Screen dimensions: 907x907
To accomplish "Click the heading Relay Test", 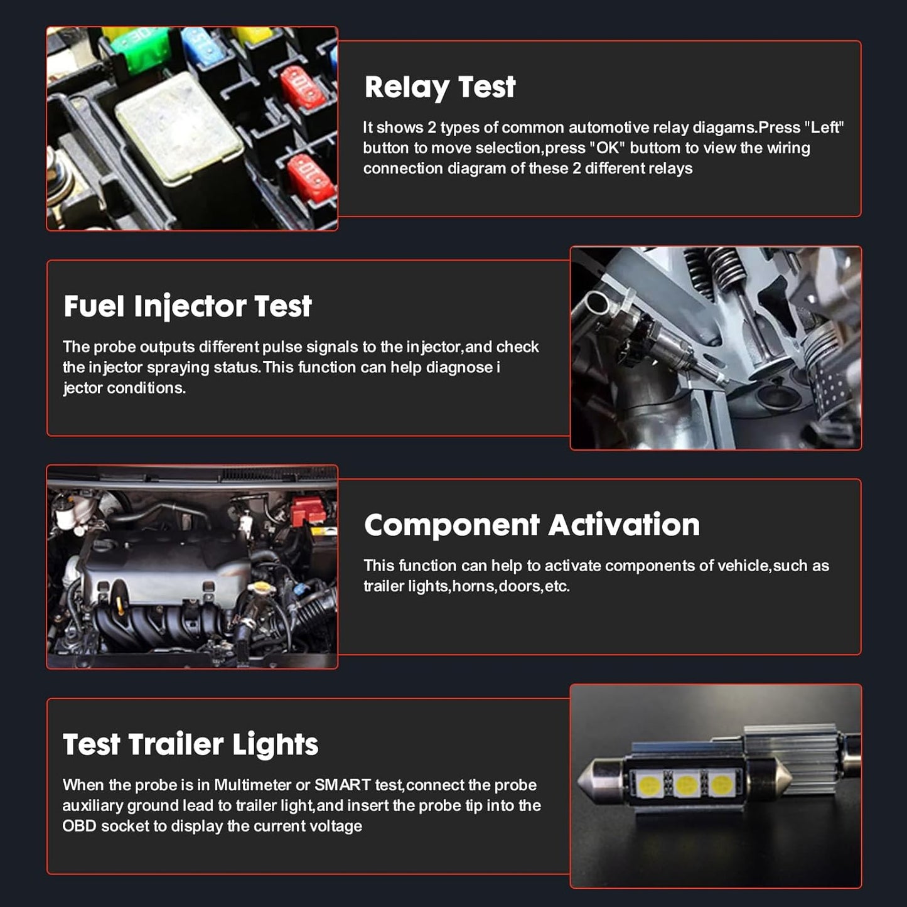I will tap(439, 87).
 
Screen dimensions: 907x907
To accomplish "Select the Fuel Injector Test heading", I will tap(187, 307).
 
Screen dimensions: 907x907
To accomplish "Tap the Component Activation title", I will tap(532, 525).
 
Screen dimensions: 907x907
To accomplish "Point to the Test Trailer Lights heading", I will tap(190, 744).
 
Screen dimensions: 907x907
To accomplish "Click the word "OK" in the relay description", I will tap(607, 148).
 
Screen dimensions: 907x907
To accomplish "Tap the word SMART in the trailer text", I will tap(342, 785).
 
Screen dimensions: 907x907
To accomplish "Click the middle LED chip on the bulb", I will tap(686, 783).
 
